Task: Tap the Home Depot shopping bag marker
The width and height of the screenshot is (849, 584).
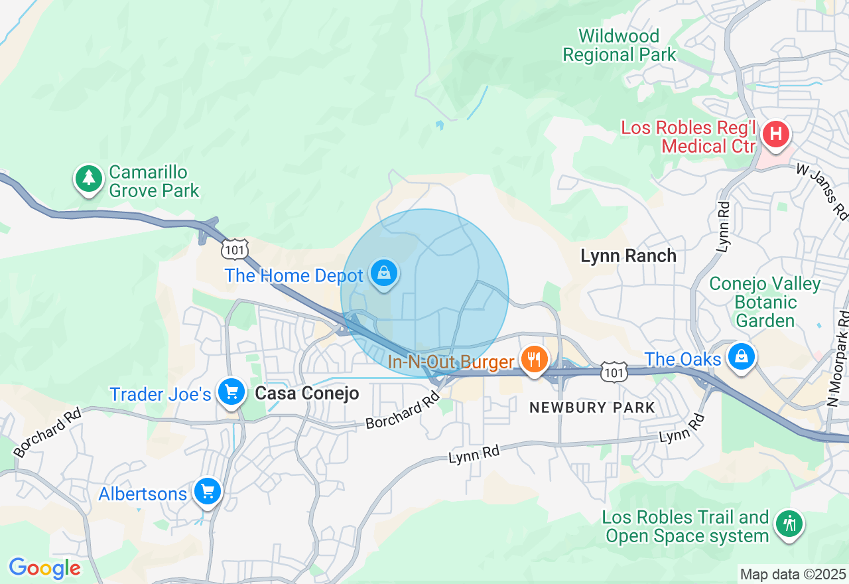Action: [383, 272]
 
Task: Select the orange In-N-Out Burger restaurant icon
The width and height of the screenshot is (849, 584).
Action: [534, 360]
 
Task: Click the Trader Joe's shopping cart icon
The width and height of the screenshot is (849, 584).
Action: [231, 392]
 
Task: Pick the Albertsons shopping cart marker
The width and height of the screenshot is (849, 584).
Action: [208, 492]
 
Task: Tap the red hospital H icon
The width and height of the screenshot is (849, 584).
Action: [775, 135]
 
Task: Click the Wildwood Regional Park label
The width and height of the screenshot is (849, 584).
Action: [619, 45]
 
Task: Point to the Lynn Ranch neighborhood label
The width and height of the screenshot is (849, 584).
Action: [628, 256]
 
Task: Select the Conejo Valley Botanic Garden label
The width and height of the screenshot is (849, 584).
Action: [765, 303]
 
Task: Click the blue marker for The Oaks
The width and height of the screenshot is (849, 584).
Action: [742, 357]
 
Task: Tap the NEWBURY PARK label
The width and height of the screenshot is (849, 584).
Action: [592, 408]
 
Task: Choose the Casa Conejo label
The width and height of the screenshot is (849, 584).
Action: [307, 394]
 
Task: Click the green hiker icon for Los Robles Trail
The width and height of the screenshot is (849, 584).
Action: [789, 524]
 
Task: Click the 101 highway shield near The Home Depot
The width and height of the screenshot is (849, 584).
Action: [235, 249]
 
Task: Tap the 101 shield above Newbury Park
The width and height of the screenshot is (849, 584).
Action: [614, 373]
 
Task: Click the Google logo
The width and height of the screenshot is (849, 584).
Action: [44, 568]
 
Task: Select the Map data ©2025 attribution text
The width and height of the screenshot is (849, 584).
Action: [793, 574]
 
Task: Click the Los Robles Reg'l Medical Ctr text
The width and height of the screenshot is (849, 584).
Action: [688, 137]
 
